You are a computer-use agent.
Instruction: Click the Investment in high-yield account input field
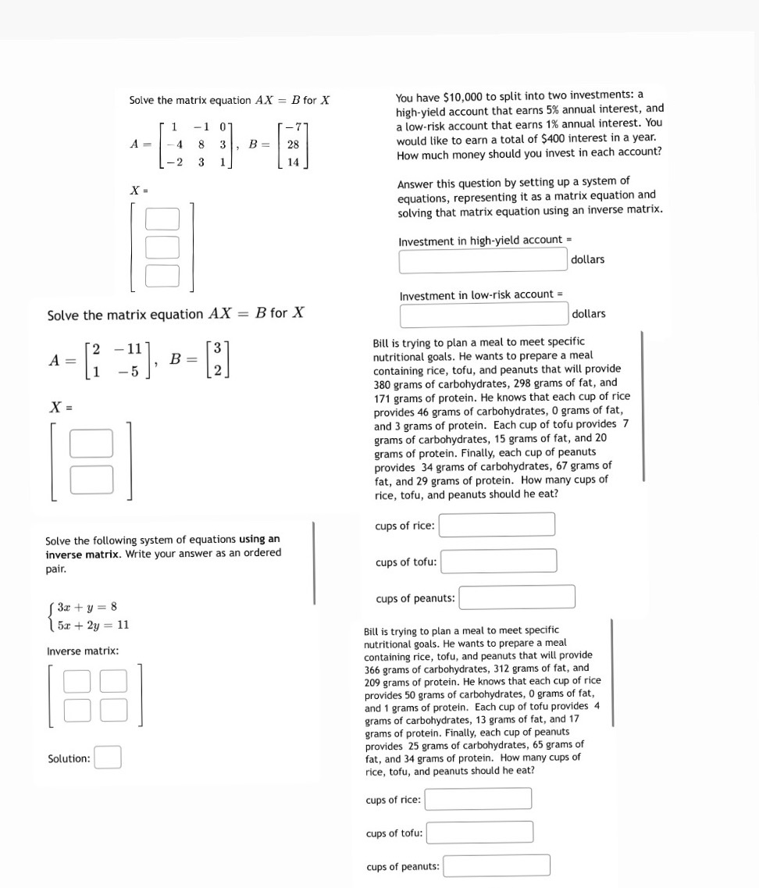tap(483, 260)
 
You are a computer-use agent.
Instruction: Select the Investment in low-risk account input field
tap(483, 315)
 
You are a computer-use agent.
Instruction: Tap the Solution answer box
tap(108, 758)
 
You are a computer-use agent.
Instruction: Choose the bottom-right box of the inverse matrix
tap(113, 709)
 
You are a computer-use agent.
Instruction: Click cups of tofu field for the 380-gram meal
tap(499, 561)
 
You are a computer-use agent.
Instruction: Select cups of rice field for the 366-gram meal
tap(478, 799)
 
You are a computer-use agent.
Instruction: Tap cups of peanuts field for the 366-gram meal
tap(497, 865)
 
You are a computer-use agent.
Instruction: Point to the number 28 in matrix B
tap(293, 145)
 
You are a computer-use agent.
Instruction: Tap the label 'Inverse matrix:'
tap(83, 651)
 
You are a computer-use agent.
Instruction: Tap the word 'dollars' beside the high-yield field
tap(587, 259)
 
